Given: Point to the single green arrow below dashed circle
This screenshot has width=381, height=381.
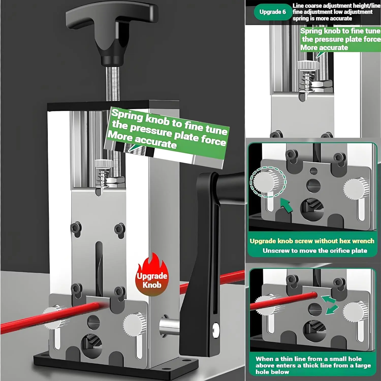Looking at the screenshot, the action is [x=287, y=205].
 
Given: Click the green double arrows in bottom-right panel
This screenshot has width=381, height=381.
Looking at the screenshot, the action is [x=330, y=305].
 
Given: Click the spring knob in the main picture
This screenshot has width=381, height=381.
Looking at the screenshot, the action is [x=104, y=164].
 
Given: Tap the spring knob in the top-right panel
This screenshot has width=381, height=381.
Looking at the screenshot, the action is [x=308, y=65].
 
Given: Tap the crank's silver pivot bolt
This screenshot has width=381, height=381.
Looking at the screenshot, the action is [x=216, y=330].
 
